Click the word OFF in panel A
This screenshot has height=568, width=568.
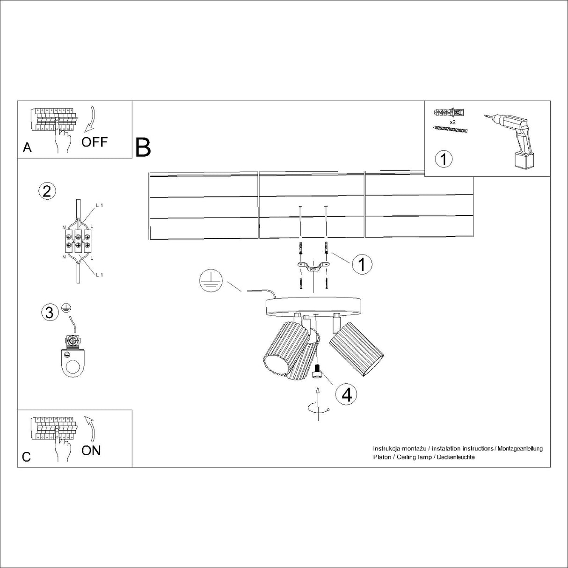[95, 142]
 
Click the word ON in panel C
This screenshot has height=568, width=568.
[91, 450]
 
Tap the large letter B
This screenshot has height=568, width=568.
[143, 147]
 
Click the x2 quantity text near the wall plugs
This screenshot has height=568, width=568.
[452, 122]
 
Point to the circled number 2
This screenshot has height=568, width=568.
[46, 191]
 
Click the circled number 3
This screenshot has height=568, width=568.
[50, 312]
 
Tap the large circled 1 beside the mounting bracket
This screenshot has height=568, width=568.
[361, 264]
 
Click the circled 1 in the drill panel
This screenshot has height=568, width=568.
[444, 159]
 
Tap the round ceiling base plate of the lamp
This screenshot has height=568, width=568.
[313, 306]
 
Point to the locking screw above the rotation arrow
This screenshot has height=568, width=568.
[317, 371]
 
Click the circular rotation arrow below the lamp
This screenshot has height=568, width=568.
[318, 408]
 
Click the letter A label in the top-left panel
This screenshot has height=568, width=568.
[27, 148]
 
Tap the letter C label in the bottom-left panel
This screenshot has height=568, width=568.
[26, 457]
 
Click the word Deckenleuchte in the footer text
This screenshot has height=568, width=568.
[456, 457]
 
